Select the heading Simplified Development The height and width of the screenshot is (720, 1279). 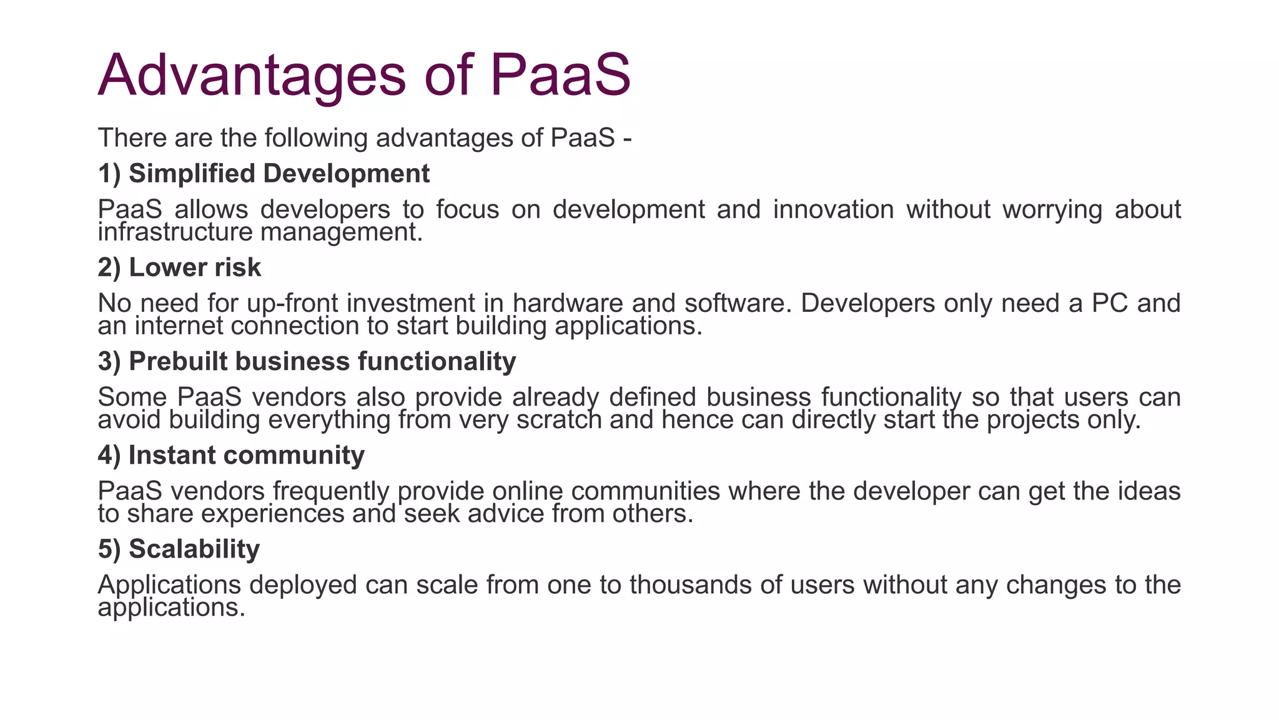click(x=264, y=173)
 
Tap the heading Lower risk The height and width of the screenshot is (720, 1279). click(x=179, y=267)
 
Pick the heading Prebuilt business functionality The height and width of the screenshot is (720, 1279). click(x=307, y=361)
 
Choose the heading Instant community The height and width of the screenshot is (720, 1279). click(x=231, y=455)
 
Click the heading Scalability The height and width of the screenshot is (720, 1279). click(x=179, y=549)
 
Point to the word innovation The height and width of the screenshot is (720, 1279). click(x=833, y=209)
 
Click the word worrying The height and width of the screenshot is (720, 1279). click(x=1052, y=209)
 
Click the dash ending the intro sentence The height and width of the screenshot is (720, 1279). click(x=627, y=139)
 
